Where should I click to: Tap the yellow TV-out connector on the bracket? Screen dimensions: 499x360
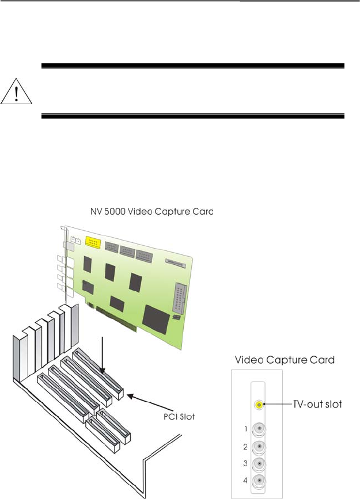pyautogui.click(x=260, y=405)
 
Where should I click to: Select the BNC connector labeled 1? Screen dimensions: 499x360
pyautogui.click(x=260, y=429)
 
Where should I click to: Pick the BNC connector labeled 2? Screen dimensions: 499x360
pyautogui.click(x=260, y=446)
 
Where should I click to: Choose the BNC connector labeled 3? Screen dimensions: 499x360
pyautogui.click(x=260, y=463)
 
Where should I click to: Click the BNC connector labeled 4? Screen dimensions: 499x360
pyautogui.click(x=260, y=481)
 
